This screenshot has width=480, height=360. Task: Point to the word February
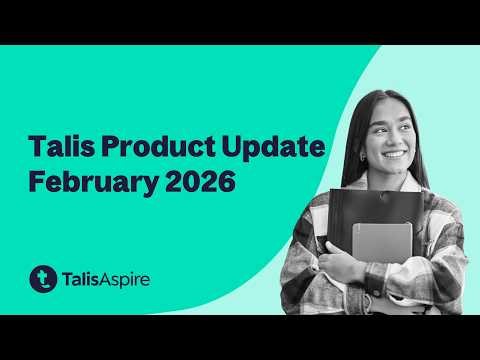click(92, 185)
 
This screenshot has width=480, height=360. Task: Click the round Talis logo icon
click(43, 279)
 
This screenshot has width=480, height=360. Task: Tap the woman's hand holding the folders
click(345, 262)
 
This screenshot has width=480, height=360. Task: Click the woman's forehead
click(388, 107)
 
